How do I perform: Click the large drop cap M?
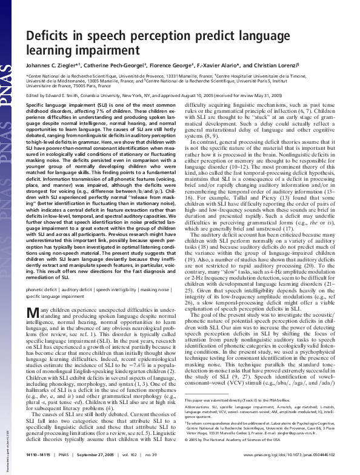[34, 295]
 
